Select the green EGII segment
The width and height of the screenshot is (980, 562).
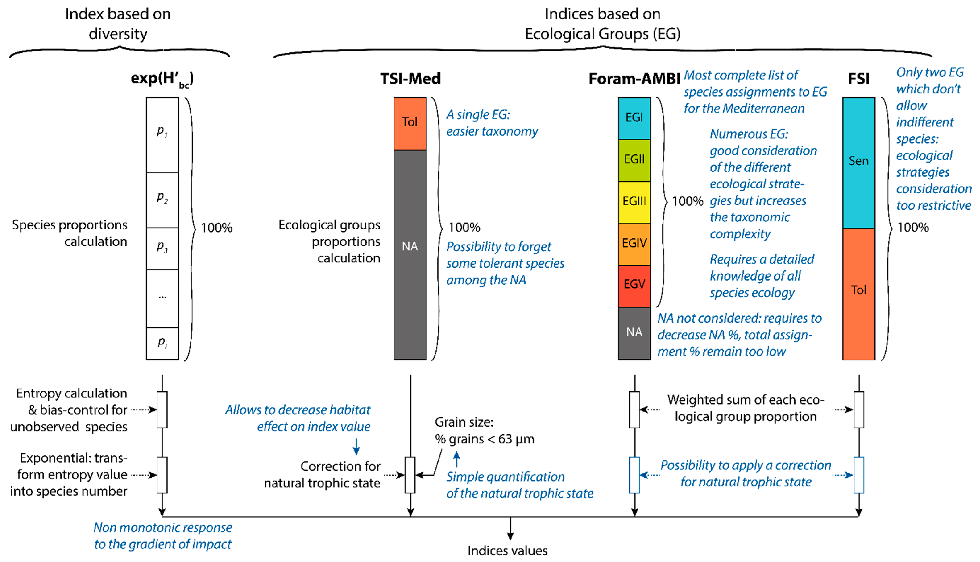(x=634, y=160)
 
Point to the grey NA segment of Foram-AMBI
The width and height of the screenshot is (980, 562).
(x=634, y=333)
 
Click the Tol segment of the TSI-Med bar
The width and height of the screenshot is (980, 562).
(x=410, y=123)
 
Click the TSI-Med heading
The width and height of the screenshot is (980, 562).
(x=410, y=79)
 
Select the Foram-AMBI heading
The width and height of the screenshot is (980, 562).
(x=634, y=79)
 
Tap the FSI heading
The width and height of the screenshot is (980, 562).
(x=858, y=79)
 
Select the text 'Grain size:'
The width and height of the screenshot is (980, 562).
(x=464, y=422)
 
